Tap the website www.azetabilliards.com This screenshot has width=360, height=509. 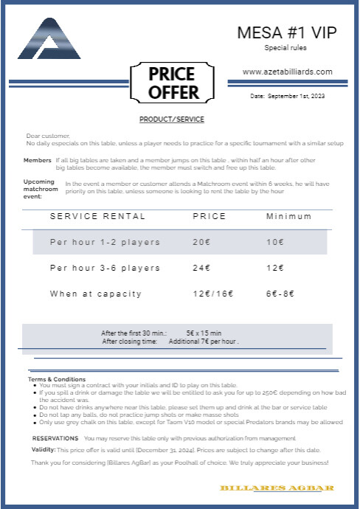(x=287, y=72)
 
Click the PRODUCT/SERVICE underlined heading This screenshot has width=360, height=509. (x=172, y=120)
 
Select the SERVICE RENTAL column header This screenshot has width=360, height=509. (x=97, y=216)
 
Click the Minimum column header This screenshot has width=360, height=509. (x=288, y=216)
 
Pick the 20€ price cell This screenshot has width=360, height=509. (x=201, y=242)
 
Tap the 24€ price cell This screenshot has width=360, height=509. (x=201, y=268)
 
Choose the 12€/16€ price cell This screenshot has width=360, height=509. (x=212, y=294)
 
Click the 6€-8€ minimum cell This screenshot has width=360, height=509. (x=280, y=294)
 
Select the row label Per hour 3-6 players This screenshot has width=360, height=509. (x=105, y=268)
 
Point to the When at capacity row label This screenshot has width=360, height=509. (x=96, y=294)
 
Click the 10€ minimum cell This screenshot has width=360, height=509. (x=274, y=242)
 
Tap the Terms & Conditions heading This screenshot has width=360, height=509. (x=57, y=379)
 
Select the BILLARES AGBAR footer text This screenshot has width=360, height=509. (x=277, y=488)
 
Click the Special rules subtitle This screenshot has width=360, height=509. (x=285, y=48)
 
